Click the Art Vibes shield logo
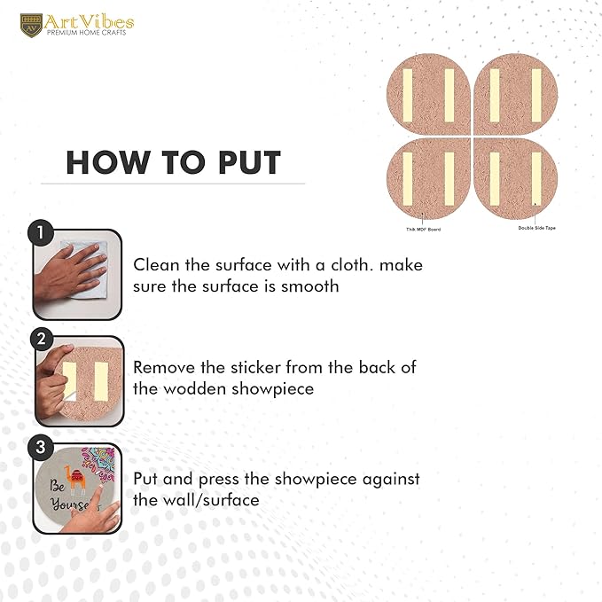point(31,26)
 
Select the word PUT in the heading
point(249,163)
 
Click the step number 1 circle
point(41,232)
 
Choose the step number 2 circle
point(42,339)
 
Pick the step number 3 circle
point(40,447)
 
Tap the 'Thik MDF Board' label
point(424,230)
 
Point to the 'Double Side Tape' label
point(536,228)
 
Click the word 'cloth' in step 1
point(352,265)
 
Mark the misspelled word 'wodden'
point(195,388)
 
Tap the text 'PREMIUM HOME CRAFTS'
point(86,33)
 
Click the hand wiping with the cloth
point(70,275)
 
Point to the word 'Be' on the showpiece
point(57,486)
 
